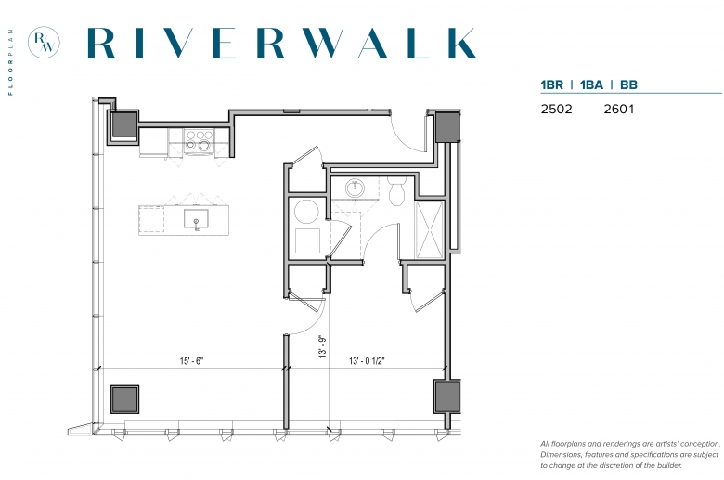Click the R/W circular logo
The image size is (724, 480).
(x=44, y=43)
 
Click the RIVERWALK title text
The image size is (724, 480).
(x=281, y=43)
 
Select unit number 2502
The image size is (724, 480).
(x=556, y=109)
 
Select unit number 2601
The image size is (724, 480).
(x=619, y=109)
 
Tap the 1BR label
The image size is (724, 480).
(x=551, y=85)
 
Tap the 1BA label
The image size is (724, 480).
(x=591, y=85)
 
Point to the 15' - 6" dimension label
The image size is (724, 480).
(x=191, y=361)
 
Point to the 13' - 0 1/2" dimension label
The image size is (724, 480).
(x=367, y=361)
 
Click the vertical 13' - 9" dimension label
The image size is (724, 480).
(x=322, y=346)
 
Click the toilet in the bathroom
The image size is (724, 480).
(x=396, y=191)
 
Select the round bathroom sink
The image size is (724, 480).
(x=355, y=188)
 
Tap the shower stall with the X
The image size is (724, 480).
(x=430, y=229)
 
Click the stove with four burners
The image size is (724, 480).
(x=199, y=140)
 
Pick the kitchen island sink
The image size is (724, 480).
(x=196, y=218)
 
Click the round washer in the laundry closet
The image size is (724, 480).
(x=306, y=212)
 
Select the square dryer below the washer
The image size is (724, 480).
(x=307, y=240)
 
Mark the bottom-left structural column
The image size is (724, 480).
(x=124, y=399)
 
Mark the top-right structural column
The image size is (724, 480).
(x=447, y=127)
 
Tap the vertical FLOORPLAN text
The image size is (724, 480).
(x=10, y=62)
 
